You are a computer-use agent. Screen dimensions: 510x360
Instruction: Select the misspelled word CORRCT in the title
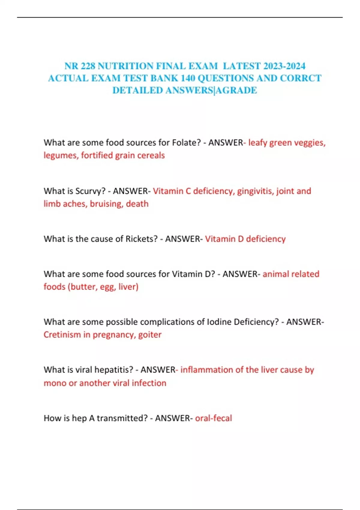click(301, 78)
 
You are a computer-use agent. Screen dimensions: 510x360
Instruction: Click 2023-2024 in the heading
click(284, 66)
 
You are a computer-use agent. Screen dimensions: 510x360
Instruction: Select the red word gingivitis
click(255, 191)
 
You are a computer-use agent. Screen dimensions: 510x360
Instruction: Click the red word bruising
click(106, 204)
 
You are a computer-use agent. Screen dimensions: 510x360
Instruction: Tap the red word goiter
click(150, 334)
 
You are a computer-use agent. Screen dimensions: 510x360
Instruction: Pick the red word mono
click(55, 383)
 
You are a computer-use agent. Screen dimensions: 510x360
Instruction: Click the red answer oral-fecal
click(213, 418)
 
